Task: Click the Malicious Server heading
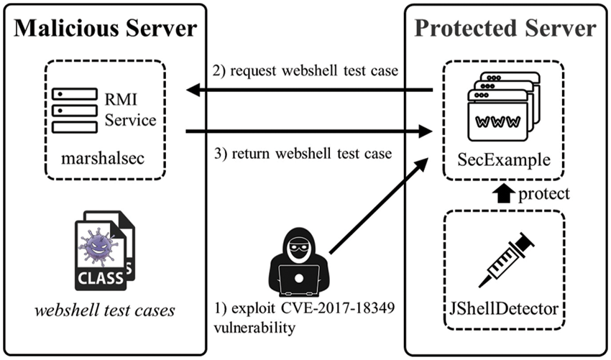click(x=105, y=28)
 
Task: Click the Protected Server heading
click(x=505, y=28)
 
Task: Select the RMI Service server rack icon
click(x=74, y=110)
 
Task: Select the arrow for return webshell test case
click(x=309, y=131)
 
